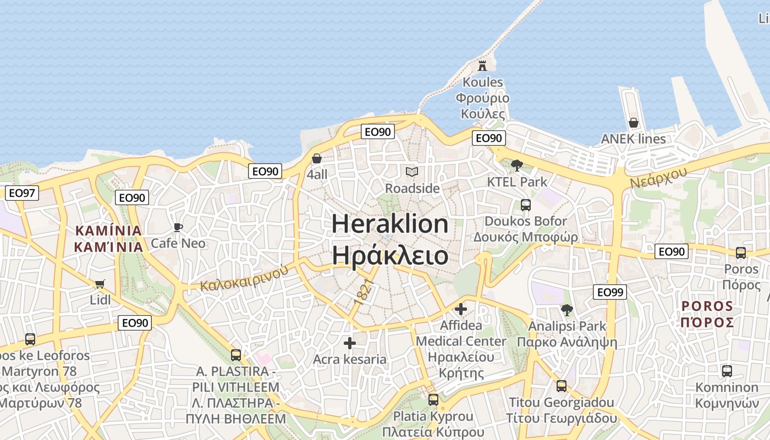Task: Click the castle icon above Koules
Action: click(482, 65)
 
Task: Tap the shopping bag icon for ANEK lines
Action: click(634, 123)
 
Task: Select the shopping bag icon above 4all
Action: click(317, 158)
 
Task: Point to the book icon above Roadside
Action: click(412, 172)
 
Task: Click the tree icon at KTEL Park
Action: click(516, 165)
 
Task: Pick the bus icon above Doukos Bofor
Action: click(526, 205)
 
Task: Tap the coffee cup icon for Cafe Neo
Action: click(178, 227)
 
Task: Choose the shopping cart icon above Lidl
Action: click(100, 284)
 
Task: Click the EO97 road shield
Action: click(22, 193)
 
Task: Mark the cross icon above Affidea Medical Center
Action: click(461, 309)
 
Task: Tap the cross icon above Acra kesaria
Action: click(349, 343)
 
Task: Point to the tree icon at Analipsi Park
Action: click(567, 310)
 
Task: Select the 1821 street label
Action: click(364, 292)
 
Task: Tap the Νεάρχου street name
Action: click(658, 177)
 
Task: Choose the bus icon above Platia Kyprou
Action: click(433, 400)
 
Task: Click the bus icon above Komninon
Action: click(727, 371)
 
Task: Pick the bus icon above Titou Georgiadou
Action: click(561, 386)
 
